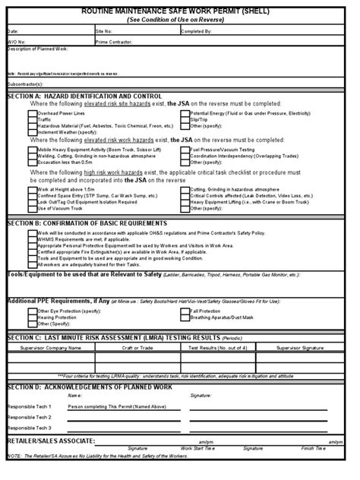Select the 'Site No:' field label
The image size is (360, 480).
(x=103, y=31)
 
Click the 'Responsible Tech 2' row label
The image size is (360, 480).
(x=30, y=417)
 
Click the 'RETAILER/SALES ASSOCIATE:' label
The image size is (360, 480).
(x=52, y=441)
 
